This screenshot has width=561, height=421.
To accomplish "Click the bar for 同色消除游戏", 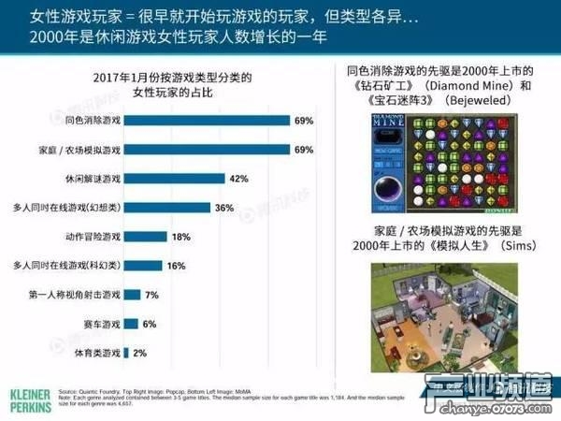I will pos(206,121).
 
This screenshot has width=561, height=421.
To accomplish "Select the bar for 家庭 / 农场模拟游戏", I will pos(206,150).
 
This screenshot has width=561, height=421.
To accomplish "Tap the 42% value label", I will pos(238,179).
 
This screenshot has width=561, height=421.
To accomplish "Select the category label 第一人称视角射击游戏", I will pos(74,295).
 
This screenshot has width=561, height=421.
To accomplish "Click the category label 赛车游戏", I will pos(96,324).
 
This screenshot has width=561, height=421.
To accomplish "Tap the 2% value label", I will pos(140,353).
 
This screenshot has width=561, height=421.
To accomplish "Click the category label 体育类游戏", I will pos(93,353).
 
